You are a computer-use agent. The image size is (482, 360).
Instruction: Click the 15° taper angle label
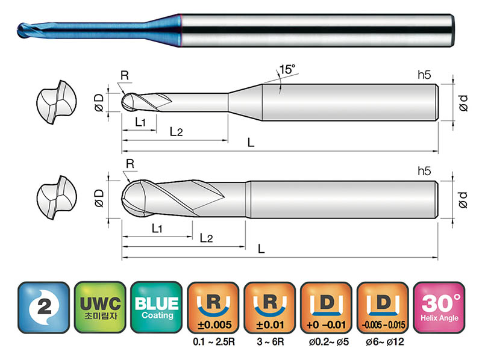(x=287, y=69)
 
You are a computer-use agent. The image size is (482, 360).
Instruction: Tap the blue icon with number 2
(x=43, y=307)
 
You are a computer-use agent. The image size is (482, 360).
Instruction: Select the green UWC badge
(x=100, y=307)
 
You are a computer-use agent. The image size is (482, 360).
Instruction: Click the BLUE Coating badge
(x=157, y=307)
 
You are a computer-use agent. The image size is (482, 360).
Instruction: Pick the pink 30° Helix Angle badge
(x=439, y=307)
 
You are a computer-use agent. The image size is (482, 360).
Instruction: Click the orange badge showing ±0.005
(x=213, y=307)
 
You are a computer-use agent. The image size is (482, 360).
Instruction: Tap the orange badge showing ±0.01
(x=269, y=307)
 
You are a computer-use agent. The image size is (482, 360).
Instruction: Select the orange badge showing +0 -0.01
(x=326, y=307)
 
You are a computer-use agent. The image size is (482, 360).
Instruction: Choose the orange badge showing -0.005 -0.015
(x=383, y=307)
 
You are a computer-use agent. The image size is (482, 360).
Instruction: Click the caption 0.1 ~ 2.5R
(x=214, y=341)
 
